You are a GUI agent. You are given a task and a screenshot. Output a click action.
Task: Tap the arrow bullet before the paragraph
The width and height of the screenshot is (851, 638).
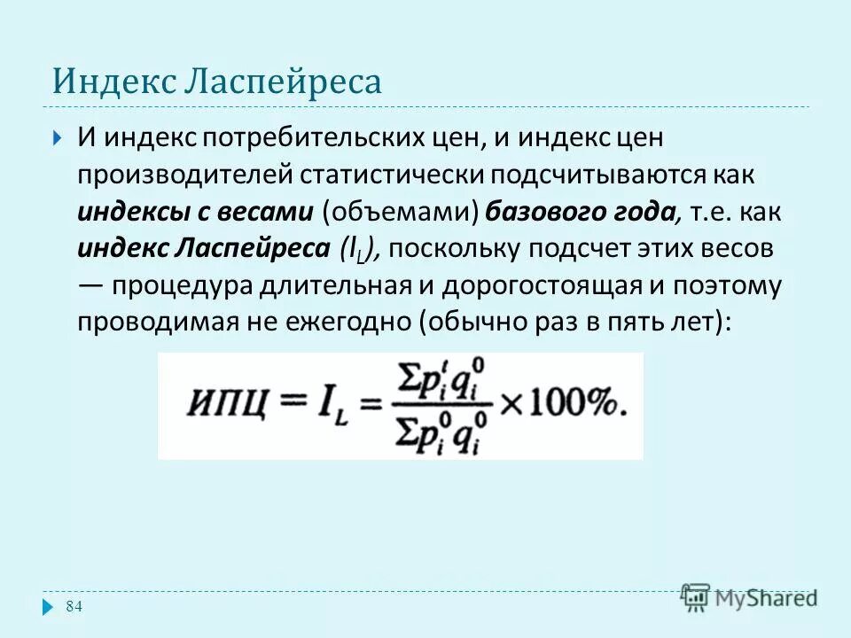(x=56, y=137)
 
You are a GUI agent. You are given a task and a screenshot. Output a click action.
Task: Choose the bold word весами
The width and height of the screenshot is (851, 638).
(x=267, y=212)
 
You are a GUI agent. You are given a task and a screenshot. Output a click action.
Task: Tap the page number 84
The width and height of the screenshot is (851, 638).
(x=74, y=606)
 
